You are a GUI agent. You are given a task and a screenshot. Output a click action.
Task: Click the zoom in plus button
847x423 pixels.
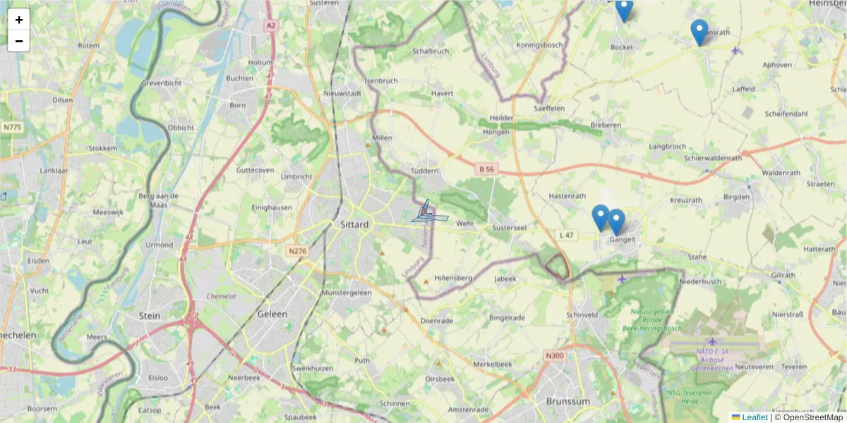(18, 20)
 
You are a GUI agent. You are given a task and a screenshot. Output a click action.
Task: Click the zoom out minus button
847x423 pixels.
(18, 41)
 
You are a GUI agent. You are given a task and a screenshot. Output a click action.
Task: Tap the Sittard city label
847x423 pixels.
(354, 224)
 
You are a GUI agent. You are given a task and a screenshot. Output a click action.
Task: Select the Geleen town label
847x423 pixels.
(272, 314)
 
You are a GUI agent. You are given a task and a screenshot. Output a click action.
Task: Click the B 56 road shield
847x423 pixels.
(487, 169)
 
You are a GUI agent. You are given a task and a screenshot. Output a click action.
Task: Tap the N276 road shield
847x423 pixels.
(297, 250)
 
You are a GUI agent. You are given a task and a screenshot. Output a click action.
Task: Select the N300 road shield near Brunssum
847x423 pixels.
(555, 355)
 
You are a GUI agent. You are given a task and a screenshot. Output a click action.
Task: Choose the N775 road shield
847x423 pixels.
(12, 127)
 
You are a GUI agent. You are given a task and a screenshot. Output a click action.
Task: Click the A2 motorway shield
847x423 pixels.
(271, 25)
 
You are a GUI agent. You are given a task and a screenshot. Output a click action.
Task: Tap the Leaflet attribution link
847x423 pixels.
(755, 417)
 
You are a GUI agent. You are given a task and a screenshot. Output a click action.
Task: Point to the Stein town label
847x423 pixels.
(150, 316)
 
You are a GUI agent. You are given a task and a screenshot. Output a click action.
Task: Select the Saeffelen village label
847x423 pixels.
(550, 108)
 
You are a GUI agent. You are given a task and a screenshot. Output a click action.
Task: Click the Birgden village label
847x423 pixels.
(736, 197)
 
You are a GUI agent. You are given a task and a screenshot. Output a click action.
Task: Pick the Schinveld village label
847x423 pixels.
(583, 314)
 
